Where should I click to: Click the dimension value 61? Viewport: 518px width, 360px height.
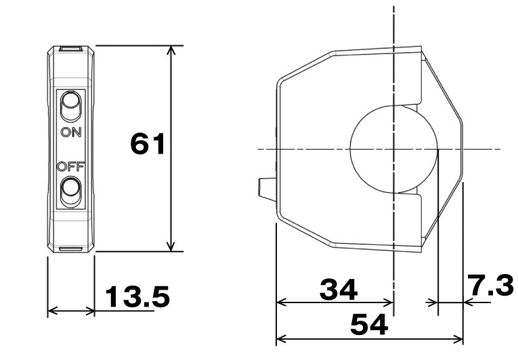148,143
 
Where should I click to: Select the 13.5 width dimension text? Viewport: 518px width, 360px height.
137,296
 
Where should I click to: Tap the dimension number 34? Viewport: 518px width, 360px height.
339,290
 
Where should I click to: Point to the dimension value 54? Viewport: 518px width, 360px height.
369,324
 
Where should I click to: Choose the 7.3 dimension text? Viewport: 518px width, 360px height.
492,286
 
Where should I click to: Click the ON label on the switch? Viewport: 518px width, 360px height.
71,133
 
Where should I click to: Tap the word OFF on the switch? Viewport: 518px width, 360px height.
70,166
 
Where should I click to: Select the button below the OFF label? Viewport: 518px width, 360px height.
70,192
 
